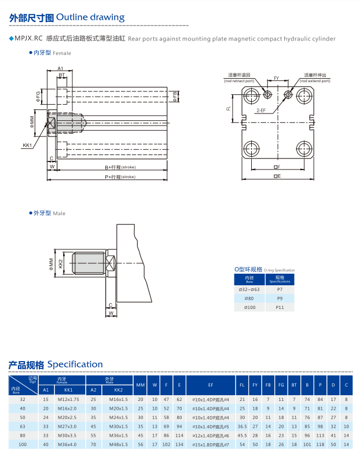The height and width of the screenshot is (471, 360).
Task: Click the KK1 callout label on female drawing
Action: tap(27, 145)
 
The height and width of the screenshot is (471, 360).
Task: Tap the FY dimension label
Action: tap(277, 77)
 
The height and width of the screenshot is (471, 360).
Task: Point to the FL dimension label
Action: tap(229, 108)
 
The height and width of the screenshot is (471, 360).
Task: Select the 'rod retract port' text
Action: tap(240, 80)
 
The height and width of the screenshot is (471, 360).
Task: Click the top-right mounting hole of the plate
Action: tap(304, 94)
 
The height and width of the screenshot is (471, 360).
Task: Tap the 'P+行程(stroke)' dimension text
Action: tap(120, 176)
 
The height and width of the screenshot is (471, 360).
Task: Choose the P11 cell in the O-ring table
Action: tap(280, 308)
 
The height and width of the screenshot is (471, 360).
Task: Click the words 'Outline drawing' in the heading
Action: tap(91, 17)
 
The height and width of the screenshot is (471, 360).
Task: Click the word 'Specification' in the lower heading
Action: tap(75, 364)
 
